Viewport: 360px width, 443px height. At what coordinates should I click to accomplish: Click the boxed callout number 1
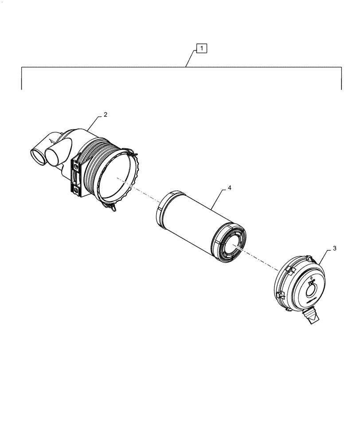[x=201, y=47]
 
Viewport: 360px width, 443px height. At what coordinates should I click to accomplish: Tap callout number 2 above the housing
[x=105, y=115]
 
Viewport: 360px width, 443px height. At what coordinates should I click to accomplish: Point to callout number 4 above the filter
[x=230, y=188]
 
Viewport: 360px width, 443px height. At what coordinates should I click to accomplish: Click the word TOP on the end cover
[x=311, y=281]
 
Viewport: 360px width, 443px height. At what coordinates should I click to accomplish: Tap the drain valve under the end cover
[x=311, y=316]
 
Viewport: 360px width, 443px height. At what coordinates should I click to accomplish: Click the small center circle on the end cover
[x=312, y=291]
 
